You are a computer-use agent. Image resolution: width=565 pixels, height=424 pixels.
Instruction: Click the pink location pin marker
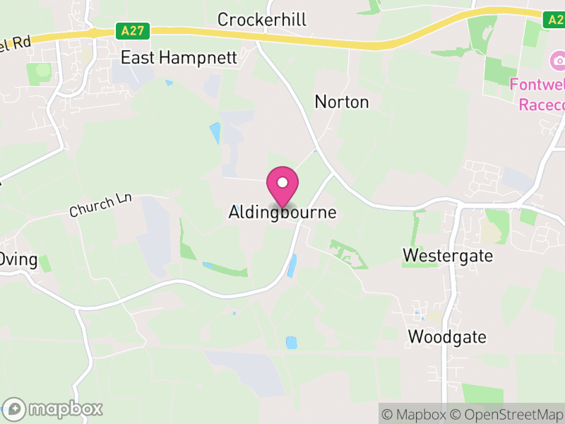click(x=282, y=186)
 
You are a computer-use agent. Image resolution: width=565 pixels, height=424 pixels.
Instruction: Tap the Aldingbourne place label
click(x=282, y=212)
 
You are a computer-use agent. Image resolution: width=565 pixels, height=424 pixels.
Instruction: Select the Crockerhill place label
click(x=262, y=19)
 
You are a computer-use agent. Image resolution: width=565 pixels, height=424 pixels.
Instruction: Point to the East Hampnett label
click(x=179, y=57)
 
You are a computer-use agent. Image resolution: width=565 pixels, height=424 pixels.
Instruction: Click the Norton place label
click(x=342, y=102)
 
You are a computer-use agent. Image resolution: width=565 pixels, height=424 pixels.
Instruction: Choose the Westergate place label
click(x=448, y=255)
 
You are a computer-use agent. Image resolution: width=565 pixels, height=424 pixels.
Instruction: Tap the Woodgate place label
click(x=447, y=336)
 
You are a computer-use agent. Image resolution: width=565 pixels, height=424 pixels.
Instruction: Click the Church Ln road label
click(x=101, y=206)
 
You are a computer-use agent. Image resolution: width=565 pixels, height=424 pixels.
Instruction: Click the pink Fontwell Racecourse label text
click(x=538, y=95)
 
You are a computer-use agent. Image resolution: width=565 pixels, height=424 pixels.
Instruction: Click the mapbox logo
click(x=53, y=408)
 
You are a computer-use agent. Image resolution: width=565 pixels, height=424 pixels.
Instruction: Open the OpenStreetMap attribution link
click(x=509, y=414)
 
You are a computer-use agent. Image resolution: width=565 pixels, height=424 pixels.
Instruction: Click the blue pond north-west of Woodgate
click(x=291, y=342)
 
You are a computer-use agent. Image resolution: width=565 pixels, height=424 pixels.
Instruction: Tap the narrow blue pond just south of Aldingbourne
click(x=292, y=265)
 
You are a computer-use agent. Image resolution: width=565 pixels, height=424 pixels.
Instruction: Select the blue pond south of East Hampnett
click(x=215, y=132)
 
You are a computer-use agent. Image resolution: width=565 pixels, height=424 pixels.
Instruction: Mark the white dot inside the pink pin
click(x=282, y=182)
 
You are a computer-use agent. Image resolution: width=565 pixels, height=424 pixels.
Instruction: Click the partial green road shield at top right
click(x=555, y=19)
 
